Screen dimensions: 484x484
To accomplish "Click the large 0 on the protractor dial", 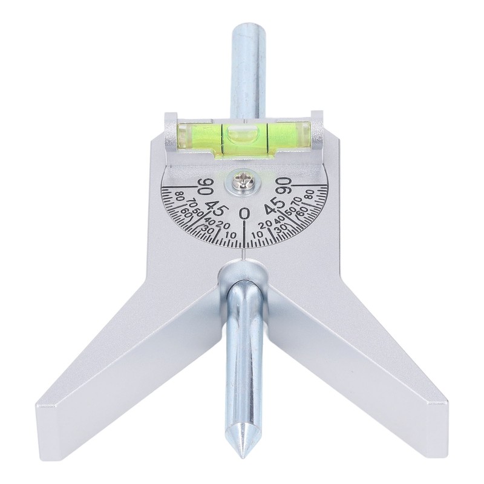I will coord(244,212).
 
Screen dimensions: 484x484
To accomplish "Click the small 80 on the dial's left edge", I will coord(180,195).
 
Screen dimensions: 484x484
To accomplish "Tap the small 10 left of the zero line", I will coord(231,235).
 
